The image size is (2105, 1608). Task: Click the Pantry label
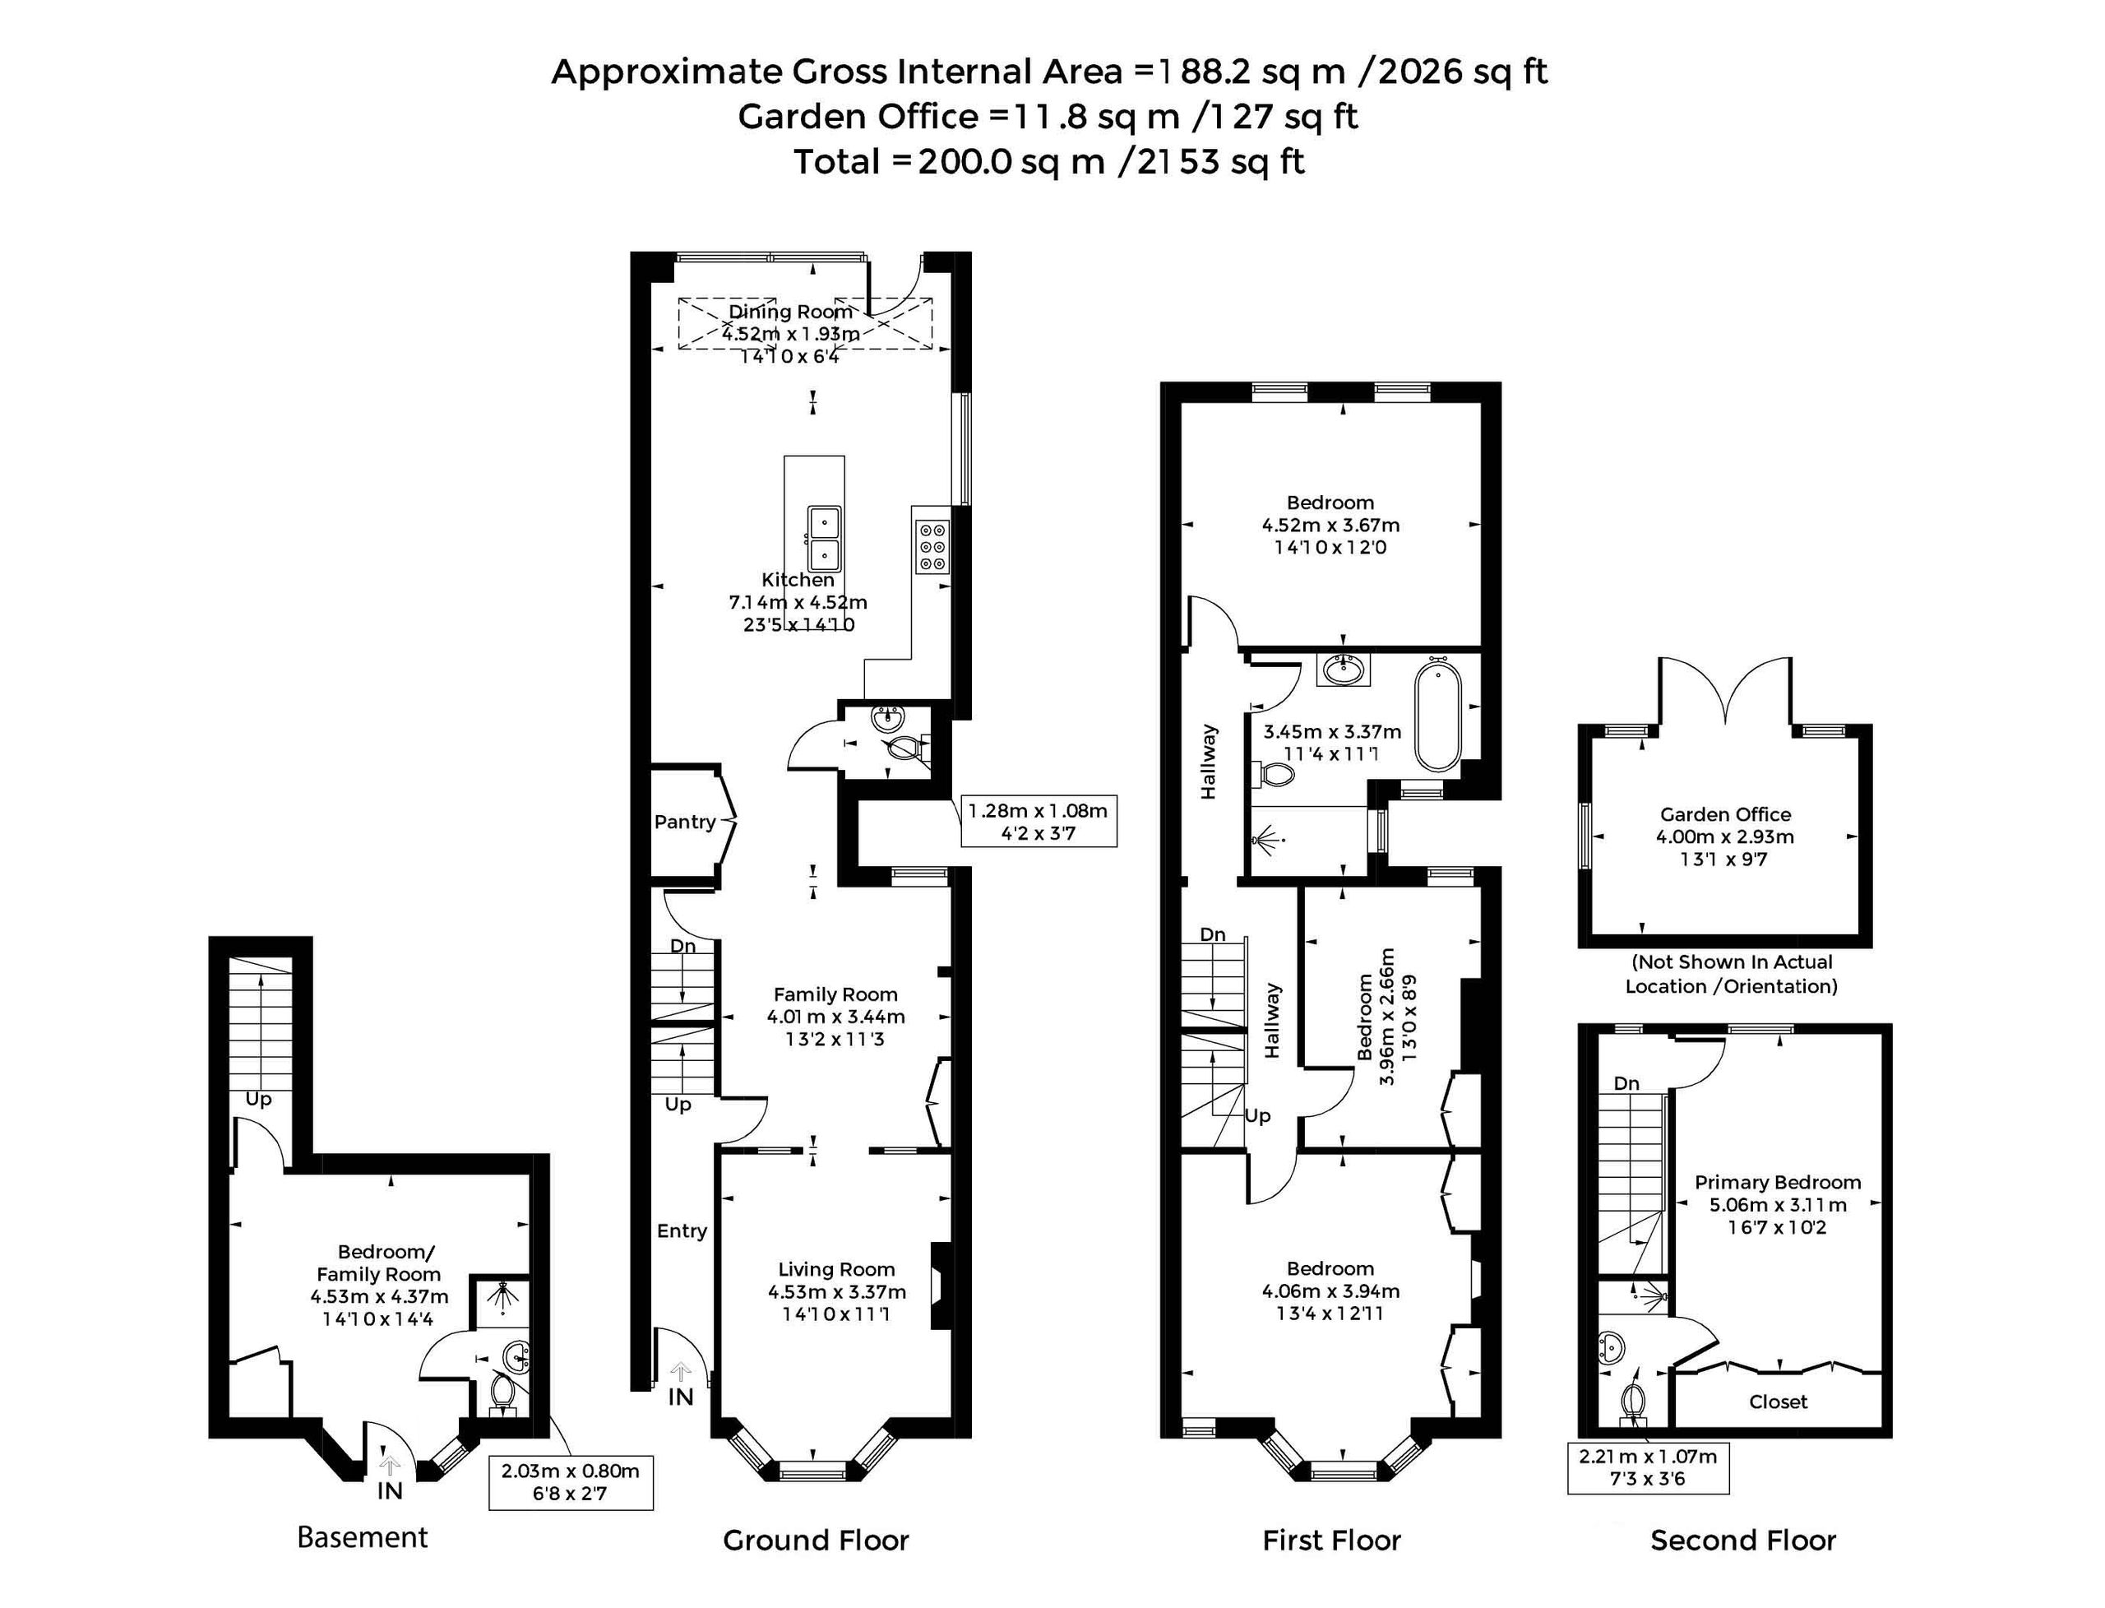(684, 821)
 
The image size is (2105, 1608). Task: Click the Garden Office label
(1725, 814)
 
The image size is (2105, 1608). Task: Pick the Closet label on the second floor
(1778, 1402)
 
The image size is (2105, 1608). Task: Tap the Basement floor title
(363, 1537)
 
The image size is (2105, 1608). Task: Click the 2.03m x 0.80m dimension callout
(571, 1483)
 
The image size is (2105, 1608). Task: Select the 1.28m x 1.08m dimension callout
(1039, 821)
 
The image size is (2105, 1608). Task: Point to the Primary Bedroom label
(1778, 1182)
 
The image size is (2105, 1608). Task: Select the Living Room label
(836, 1269)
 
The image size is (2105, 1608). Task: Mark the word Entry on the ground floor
(682, 1231)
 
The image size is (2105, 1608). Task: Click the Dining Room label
(790, 311)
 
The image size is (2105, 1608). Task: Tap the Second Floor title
(1743, 1540)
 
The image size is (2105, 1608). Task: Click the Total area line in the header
(1048, 161)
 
